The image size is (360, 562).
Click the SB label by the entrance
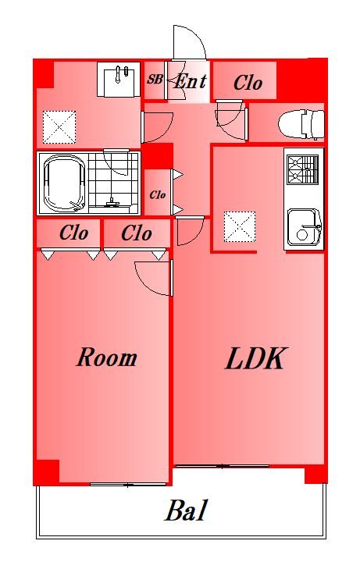(155, 80)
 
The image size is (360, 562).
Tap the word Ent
(189, 80)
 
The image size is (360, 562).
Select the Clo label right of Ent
(248, 83)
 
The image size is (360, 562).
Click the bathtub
(64, 183)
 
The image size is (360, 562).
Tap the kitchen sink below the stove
(303, 227)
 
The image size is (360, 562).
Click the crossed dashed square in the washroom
(59, 126)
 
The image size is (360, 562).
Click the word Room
(106, 358)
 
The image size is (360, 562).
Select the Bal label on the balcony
(186, 512)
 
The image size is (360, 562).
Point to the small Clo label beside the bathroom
(158, 194)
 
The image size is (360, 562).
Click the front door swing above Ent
(187, 42)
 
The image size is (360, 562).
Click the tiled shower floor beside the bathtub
(114, 183)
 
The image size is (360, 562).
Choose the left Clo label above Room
(73, 233)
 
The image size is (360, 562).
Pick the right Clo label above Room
(137, 233)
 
